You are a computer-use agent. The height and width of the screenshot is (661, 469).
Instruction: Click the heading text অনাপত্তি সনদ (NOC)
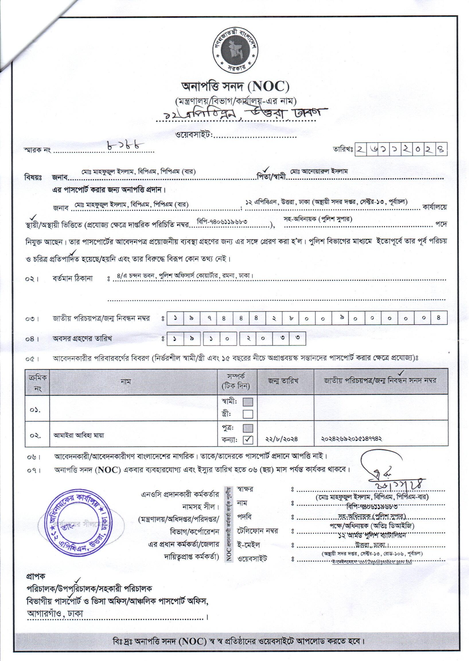click(235, 86)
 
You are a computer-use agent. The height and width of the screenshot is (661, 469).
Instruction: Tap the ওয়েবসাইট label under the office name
click(194, 135)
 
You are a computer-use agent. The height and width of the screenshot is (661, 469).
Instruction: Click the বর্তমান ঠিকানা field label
click(73, 279)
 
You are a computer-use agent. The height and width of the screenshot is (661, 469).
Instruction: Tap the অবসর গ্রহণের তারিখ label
click(82, 338)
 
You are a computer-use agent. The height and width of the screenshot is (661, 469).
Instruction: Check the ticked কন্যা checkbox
click(248, 440)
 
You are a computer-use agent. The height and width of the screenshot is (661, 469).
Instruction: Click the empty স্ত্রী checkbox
click(248, 414)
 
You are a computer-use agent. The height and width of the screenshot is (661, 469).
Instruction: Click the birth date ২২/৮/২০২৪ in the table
click(282, 439)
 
